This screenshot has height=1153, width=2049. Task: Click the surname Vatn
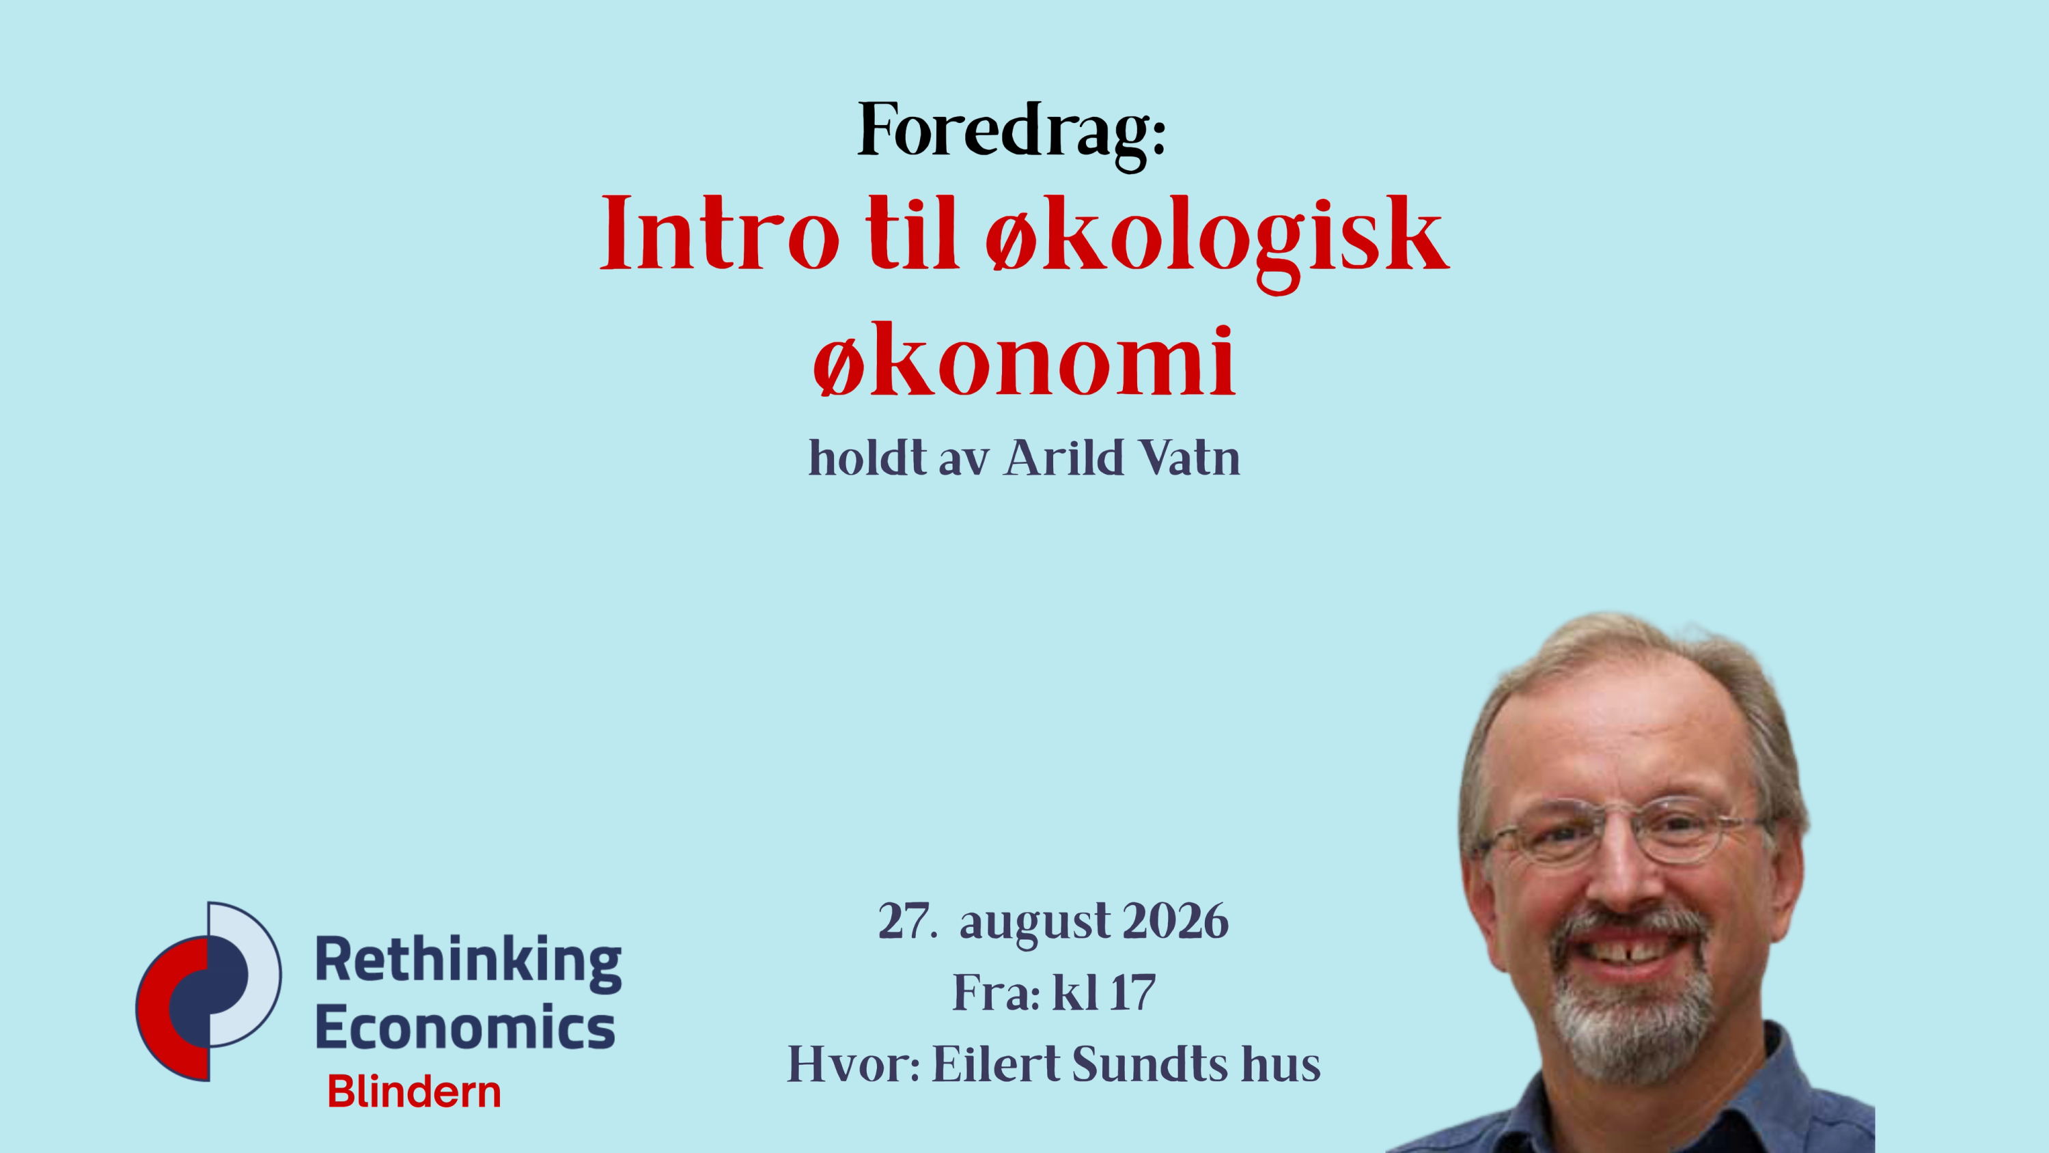click(1190, 458)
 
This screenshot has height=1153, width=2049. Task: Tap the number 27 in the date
click(902, 921)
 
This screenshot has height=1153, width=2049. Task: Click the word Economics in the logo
click(465, 1027)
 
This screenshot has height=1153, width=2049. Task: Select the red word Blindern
click(415, 1092)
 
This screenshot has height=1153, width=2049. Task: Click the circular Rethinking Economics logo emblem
click(208, 992)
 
